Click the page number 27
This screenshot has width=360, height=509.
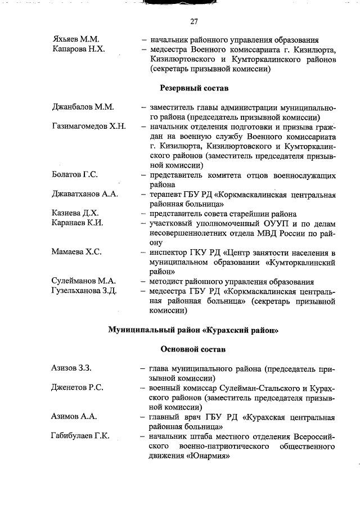coord(194,22)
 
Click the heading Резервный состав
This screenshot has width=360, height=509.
coord(194,88)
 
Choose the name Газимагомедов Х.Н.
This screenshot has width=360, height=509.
coord(88,127)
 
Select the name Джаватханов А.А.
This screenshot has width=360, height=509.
coord(84,194)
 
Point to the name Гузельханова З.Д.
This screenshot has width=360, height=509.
coord(84,290)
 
